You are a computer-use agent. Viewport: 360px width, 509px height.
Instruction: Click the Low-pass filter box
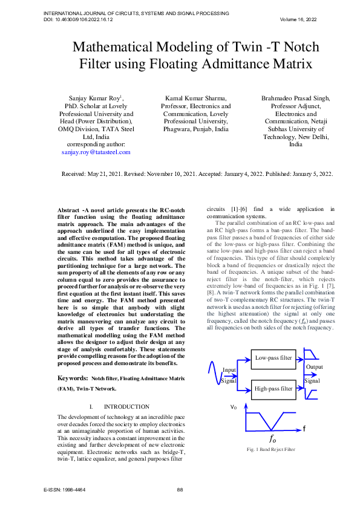[x=273, y=358]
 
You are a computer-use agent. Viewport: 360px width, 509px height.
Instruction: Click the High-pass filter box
[x=273, y=388]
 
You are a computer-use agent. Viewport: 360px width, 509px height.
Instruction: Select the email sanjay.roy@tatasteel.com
[x=96, y=152]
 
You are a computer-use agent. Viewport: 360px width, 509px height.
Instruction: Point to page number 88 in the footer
[x=180, y=488]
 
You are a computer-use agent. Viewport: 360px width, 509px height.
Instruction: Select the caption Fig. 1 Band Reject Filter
[x=271, y=450]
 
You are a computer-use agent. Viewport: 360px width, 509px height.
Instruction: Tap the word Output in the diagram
[x=314, y=367]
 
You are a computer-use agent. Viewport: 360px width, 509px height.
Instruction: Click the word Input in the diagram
[x=229, y=369]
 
